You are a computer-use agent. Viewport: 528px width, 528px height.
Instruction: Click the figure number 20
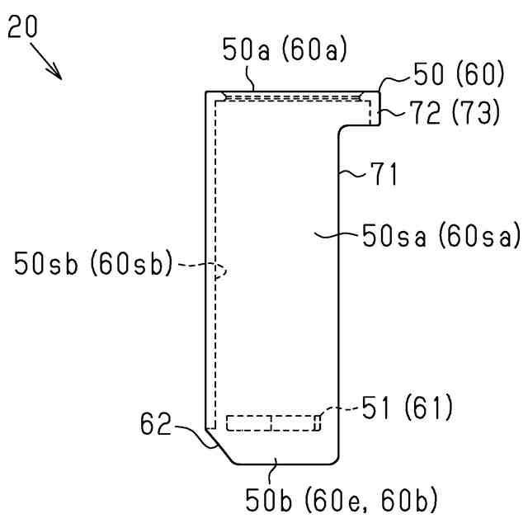pos(22,26)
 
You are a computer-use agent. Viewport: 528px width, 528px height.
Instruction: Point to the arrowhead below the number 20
pos(56,73)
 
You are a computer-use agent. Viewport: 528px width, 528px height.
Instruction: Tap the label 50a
pos(246,49)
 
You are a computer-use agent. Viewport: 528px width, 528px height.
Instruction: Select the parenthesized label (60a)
pos(314,49)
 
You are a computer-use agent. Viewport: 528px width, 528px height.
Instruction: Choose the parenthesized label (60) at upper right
pos(479,74)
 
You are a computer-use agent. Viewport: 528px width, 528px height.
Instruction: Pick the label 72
pos(425,113)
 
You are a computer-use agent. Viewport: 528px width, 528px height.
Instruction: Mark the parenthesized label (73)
pos(475,113)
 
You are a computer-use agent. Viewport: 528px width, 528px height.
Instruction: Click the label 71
pos(384,174)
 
